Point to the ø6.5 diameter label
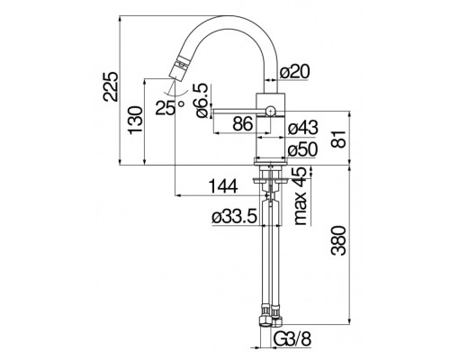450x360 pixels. pos(201,98)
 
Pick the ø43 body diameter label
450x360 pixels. pos(301,130)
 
